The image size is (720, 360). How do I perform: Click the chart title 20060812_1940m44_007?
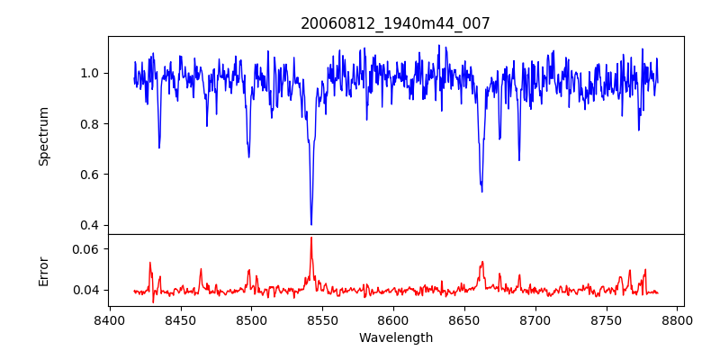click(x=395, y=23)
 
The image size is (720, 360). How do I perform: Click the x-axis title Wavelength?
click(x=395, y=338)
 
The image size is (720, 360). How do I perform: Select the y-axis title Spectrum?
click(x=43, y=136)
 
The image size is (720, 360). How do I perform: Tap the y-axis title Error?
click(x=43, y=270)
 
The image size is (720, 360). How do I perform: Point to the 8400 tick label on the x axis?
click(x=110, y=319)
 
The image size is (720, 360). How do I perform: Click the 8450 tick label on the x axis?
click(x=180, y=319)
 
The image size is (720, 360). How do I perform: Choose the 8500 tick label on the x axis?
click(x=251, y=319)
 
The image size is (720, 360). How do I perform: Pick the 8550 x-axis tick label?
click(x=322, y=319)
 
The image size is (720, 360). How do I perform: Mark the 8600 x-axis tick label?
click(x=393, y=319)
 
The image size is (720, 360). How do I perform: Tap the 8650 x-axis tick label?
click(x=464, y=319)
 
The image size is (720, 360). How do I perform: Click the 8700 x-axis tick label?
click(x=535, y=319)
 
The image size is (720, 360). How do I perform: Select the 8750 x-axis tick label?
click(x=607, y=319)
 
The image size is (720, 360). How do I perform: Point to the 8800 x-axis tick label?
click(x=678, y=319)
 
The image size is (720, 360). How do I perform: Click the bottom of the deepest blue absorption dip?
click(x=311, y=224)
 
